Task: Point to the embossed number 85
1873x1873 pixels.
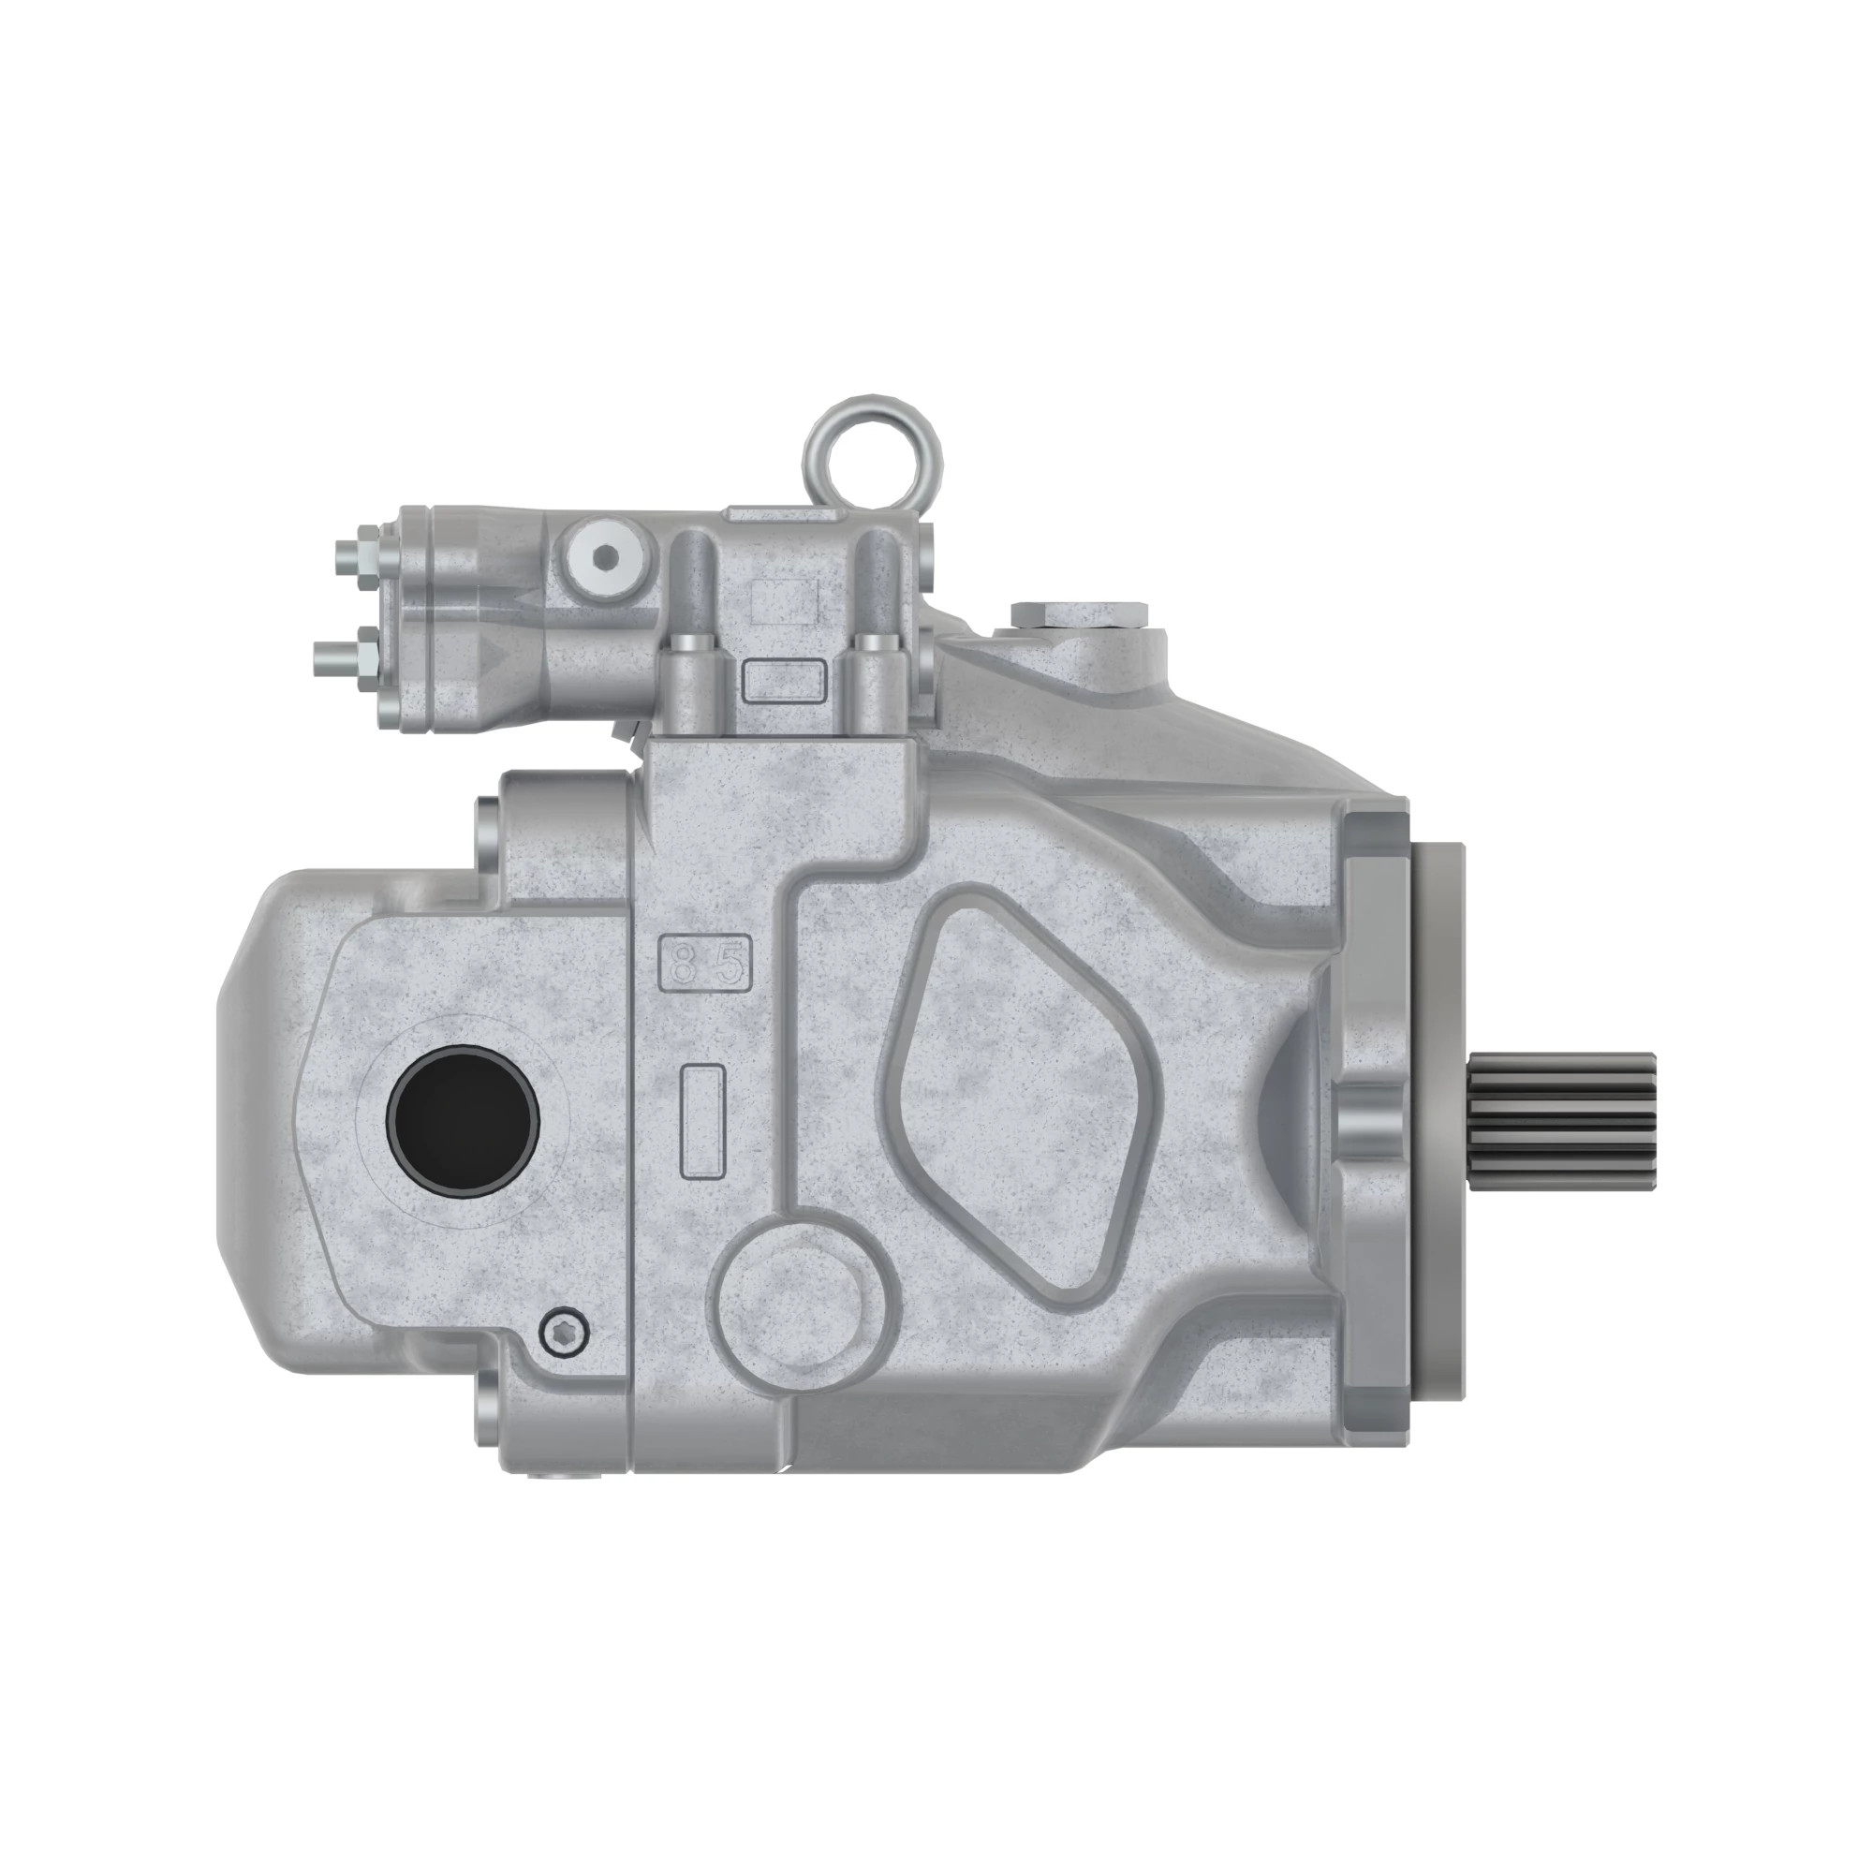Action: pyautogui.click(x=706, y=963)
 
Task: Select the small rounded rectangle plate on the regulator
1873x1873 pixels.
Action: pyautogui.click(x=783, y=680)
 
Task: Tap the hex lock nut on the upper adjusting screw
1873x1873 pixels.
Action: pyautogui.click(x=368, y=557)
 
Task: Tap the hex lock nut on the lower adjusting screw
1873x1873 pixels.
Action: pyautogui.click(x=368, y=660)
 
